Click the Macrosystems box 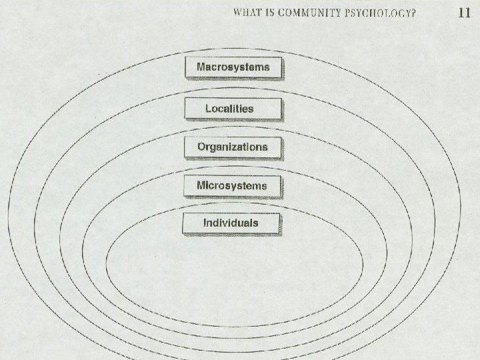[x=233, y=68]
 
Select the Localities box [x=233, y=108]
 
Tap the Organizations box [x=233, y=147]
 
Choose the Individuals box [x=231, y=223]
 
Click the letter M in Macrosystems [x=201, y=67]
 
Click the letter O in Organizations [x=201, y=147]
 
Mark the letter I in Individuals [x=205, y=223]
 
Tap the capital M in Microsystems [x=201, y=185]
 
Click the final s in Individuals [x=255, y=223]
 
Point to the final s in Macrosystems [x=267, y=67]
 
